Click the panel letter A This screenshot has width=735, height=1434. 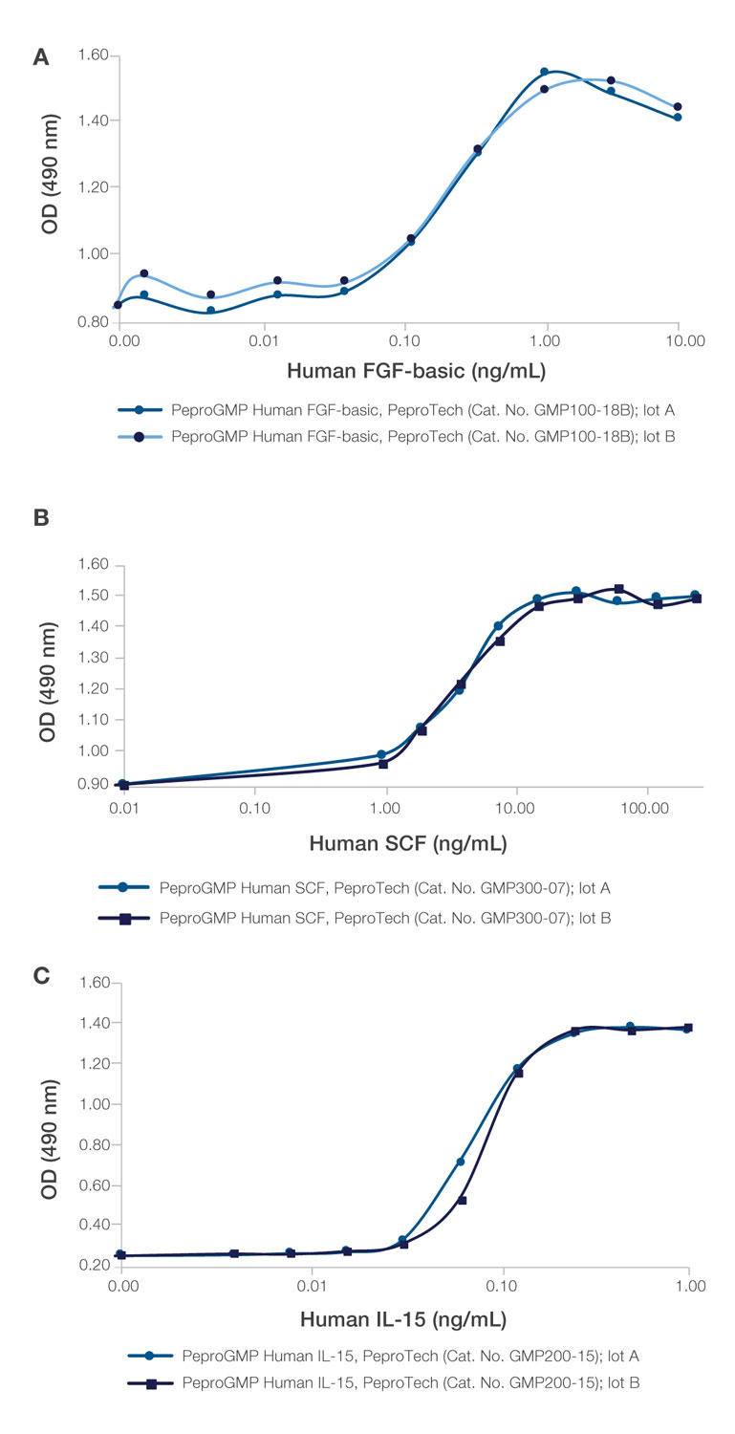click(41, 58)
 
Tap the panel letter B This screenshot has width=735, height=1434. click(41, 518)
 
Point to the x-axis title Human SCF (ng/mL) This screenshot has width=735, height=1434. click(408, 843)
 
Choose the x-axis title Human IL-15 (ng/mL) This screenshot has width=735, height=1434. click(403, 1320)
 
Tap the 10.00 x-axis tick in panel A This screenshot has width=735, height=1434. click(678, 339)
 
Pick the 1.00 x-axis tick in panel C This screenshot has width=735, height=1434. click(688, 1287)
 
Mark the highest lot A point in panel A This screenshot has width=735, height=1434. click(544, 72)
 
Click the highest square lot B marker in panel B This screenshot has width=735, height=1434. click(619, 589)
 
